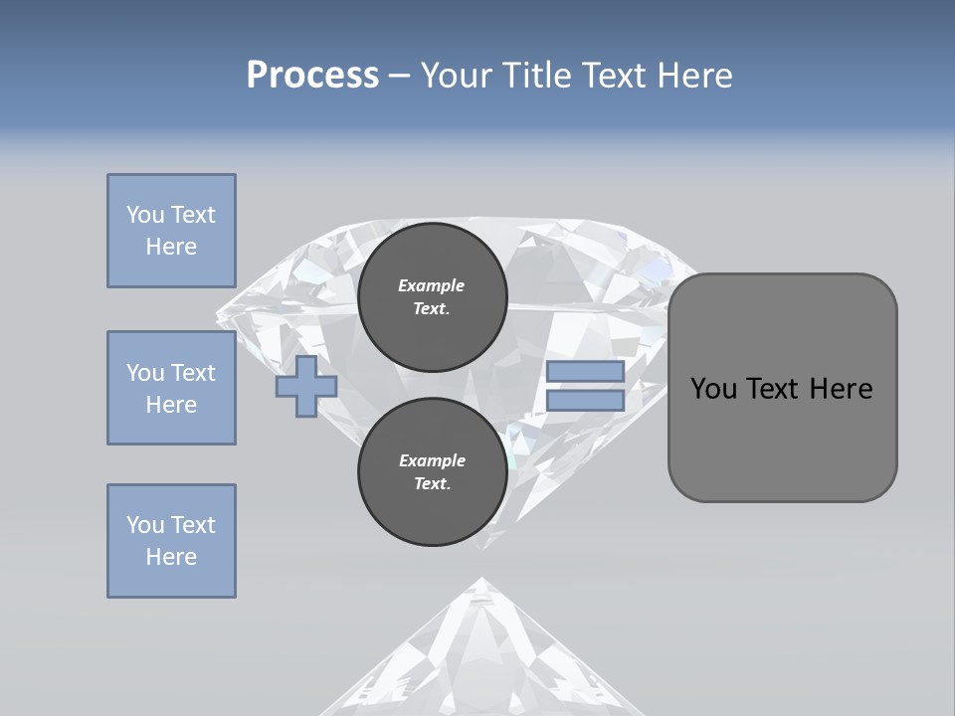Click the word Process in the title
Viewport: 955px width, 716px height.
point(312,76)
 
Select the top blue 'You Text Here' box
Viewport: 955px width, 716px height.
point(171,231)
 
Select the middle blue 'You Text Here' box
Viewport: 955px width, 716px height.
point(171,388)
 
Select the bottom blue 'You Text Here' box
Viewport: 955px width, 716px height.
point(171,541)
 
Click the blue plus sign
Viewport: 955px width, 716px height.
point(306,387)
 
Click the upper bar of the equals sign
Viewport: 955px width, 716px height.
point(585,371)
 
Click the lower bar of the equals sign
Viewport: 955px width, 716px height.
point(585,401)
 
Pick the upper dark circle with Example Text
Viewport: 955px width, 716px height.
point(432,296)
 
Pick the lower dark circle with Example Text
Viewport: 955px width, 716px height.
point(432,471)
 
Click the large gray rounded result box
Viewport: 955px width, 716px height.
point(782,438)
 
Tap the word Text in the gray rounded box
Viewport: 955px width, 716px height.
point(772,389)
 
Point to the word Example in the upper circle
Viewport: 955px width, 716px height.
point(432,285)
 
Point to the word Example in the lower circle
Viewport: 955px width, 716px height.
point(432,460)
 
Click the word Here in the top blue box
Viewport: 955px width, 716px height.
point(171,247)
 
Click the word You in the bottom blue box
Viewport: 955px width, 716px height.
point(145,525)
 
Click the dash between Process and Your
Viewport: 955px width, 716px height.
point(400,76)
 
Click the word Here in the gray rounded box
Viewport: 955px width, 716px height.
point(841,389)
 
